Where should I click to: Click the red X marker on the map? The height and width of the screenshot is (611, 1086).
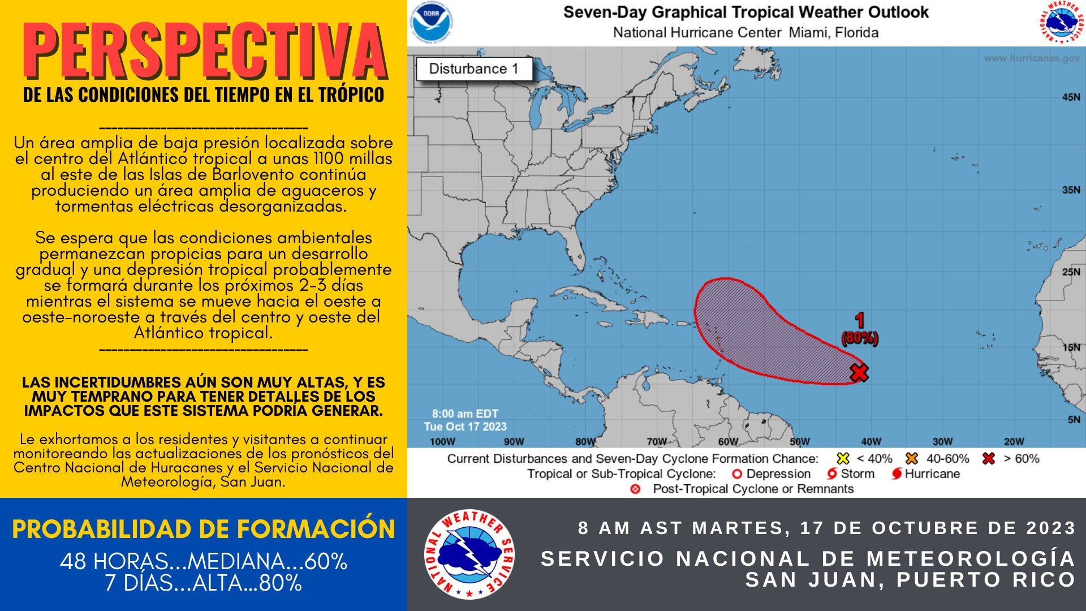coord(859,372)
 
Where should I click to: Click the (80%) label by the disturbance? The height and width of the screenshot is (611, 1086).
coord(860,338)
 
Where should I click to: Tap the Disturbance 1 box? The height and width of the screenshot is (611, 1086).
coord(474,69)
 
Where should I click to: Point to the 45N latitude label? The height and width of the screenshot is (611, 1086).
coord(1071,97)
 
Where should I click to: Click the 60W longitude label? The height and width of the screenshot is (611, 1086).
coord(728,441)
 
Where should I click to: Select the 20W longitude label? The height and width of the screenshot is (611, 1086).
coord(1014,441)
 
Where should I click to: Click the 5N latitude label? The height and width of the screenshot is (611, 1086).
coord(1073,420)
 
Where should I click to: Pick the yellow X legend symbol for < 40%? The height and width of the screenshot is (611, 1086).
coord(843,459)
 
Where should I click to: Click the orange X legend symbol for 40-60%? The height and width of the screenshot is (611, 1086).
coord(911,459)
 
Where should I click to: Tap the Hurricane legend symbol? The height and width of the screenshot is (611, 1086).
coord(897,474)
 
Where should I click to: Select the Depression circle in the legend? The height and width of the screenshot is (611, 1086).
coord(736,474)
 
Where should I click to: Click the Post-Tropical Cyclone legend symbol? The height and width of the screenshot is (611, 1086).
coord(635,489)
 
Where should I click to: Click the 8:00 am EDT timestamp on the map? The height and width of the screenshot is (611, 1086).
coord(465,414)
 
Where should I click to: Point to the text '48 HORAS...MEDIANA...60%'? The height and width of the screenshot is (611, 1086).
coord(203,561)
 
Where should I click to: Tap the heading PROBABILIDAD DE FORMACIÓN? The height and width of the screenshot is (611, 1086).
coord(203,530)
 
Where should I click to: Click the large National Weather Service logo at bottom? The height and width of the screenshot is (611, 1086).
coord(469,554)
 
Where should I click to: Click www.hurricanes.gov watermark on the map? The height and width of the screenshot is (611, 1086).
coord(1031,58)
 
